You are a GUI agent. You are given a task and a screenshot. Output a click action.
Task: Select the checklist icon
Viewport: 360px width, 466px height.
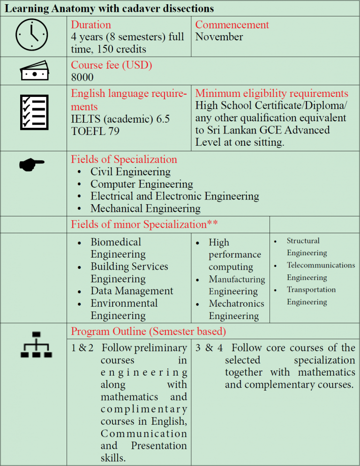pyautogui.click(x=33, y=112)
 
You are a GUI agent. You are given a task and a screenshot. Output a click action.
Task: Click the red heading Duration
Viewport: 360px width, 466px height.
pyautogui.click(x=91, y=25)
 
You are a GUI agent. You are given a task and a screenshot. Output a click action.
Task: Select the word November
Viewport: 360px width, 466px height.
pyautogui.click(x=219, y=37)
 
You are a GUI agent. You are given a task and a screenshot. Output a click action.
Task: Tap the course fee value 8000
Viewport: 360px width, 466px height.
pyautogui.click(x=82, y=77)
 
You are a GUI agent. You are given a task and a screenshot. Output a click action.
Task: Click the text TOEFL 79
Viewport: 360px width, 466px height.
pyautogui.click(x=95, y=131)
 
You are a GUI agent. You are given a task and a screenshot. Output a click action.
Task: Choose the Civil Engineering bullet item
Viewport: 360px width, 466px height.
pyautogui.click(x=130, y=172)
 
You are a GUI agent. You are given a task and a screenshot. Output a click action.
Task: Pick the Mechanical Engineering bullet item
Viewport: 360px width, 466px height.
pyautogui.click(x=145, y=208)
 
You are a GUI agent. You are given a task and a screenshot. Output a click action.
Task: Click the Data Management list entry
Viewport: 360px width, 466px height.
pyautogui.click(x=132, y=291)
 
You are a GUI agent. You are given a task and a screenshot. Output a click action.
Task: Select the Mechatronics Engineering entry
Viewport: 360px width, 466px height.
pyautogui.click(x=236, y=310)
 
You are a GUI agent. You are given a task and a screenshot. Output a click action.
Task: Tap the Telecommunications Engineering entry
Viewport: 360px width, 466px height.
pyautogui.click(x=320, y=271)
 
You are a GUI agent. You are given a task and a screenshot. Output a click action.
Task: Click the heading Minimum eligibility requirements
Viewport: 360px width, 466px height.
pyautogui.click(x=271, y=93)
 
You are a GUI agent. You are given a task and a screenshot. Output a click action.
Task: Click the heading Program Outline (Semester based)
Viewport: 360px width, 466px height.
pyautogui.click(x=148, y=332)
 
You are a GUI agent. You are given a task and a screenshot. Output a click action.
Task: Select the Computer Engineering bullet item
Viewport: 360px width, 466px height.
pyautogui.click(x=142, y=184)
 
